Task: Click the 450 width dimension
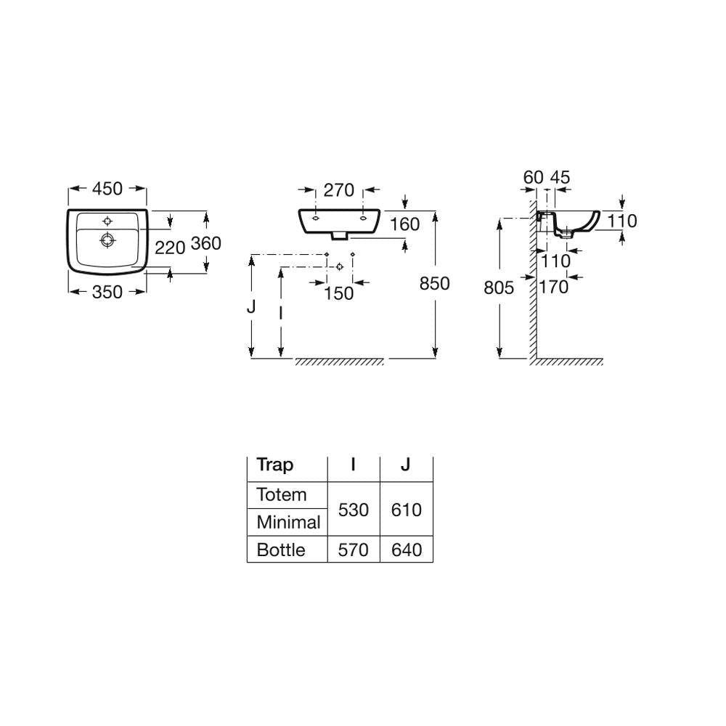107,189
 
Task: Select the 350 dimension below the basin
107,292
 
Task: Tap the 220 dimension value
170,248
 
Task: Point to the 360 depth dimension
205,243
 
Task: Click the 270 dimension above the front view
339,189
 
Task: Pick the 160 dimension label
404,224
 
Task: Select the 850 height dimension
434,283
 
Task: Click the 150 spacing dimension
338,293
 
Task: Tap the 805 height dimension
499,287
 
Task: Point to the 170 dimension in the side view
554,287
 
